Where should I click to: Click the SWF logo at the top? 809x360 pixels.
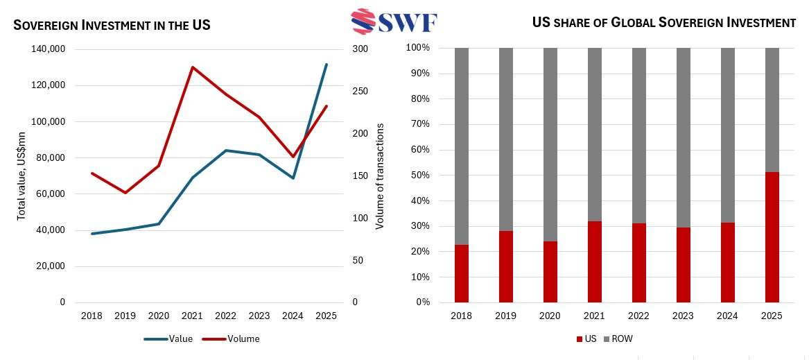(394, 22)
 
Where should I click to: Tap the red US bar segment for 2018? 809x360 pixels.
(461, 273)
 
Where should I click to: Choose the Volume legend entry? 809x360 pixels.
(231, 339)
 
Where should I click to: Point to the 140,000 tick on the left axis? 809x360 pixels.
(48, 49)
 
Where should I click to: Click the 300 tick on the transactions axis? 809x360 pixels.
(360, 49)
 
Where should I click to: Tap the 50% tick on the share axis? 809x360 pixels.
(419, 175)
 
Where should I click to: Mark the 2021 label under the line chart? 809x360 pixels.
(192, 316)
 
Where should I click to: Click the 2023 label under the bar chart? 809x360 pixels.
(683, 316)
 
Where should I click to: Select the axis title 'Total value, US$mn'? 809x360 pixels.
(21, 176)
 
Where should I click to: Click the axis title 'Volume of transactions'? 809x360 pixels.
(380, 176)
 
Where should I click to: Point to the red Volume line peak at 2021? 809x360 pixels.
(192, 67)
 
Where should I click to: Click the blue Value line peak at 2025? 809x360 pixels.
(326, 65)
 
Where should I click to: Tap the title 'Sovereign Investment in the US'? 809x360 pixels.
(112, 26)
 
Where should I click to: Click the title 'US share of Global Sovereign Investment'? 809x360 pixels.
(663, 23)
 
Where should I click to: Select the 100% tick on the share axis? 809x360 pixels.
(417, 48)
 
